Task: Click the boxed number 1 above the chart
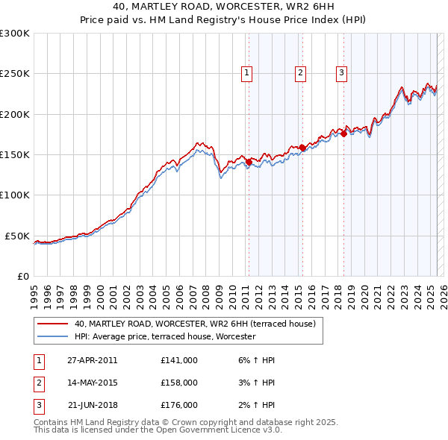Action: click(246, 73)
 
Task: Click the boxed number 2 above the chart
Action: click(300, 73)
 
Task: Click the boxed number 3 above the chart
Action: click(341, 73)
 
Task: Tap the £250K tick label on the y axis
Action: click(15, 74)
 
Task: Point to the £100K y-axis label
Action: click(15, 195)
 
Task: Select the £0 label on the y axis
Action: click(22, 276)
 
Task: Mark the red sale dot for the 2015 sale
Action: click(302, 148)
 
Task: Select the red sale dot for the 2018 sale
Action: click(343, 133)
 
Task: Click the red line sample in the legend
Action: click(52, 324)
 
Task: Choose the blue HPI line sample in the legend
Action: click(52, 336)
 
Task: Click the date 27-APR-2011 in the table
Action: click(93, 360)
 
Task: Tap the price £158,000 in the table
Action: click(179, 383)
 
